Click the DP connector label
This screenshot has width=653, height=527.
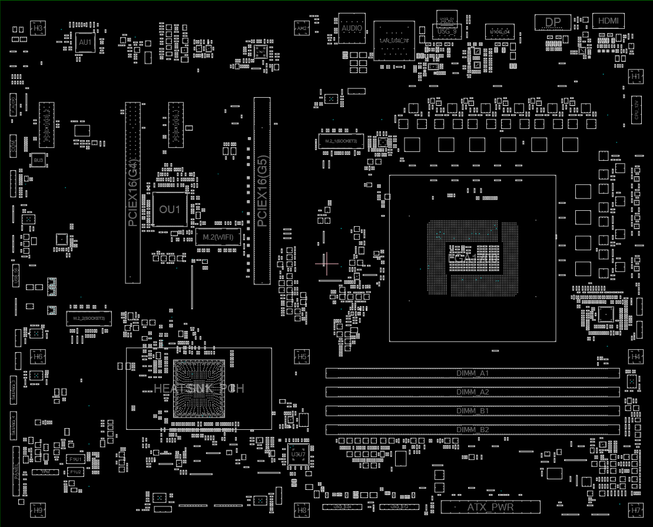553,22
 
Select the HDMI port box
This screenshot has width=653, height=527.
608,21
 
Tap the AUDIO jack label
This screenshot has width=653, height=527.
352,28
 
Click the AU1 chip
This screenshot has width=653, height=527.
85,42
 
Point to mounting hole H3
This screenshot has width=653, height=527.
38,28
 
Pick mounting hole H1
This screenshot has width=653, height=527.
635,77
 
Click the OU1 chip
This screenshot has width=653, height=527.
170,209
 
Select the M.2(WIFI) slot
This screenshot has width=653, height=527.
217,237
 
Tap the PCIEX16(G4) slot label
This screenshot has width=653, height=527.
133,193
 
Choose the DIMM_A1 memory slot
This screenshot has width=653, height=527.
473,373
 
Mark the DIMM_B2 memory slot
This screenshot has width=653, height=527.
473,430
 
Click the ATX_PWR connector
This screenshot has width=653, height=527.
490,506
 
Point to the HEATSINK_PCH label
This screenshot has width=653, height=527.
198,388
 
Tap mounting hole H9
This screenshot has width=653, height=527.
38,511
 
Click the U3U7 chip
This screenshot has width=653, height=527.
299,454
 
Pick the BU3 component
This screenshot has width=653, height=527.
38,160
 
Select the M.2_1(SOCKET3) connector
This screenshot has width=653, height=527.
337,141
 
